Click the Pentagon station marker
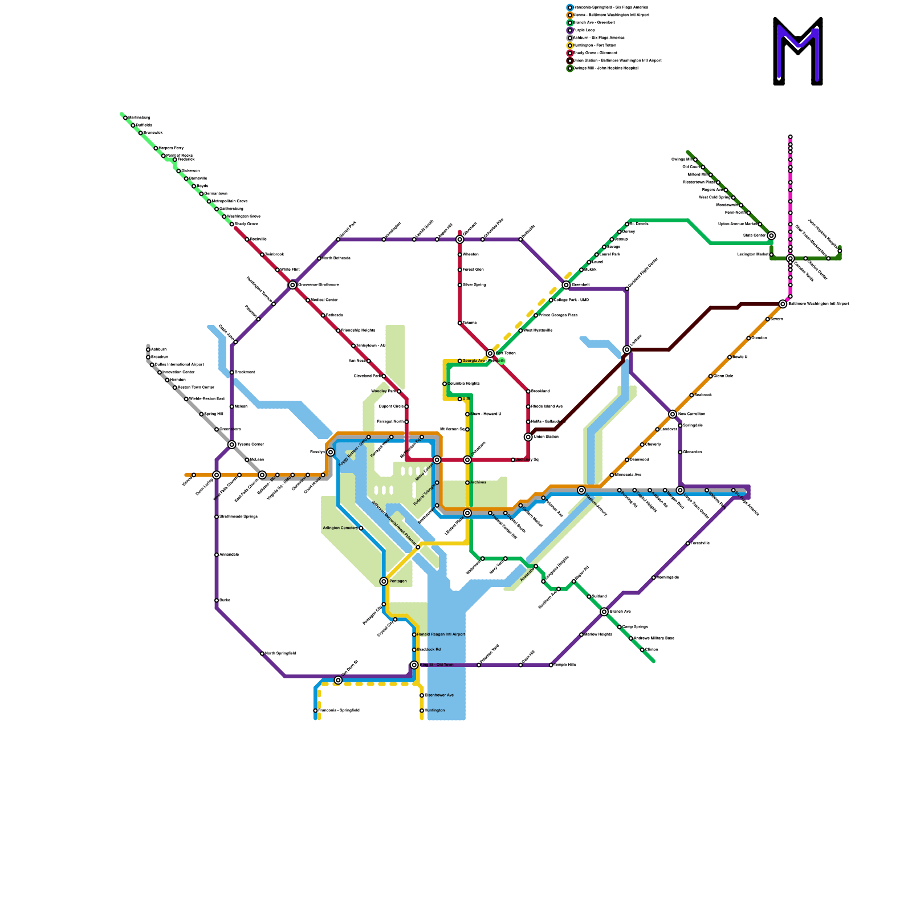click(384, 581)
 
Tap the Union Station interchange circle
click(528, 437)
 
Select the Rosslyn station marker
click(331, 452)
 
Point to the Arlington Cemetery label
click(340, 528)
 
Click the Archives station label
click(478, 483)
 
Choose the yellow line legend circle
click(570, 46)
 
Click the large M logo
click(798, 51)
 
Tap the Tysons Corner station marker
click(232, 445)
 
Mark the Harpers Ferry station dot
click(156, 148)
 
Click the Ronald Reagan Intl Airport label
click(441, 634)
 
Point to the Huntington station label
click(435, 711)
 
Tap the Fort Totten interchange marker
click(490, 353)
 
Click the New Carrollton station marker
click(673, 414)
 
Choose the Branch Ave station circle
click(604, 612)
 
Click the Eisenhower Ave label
click(439, 695)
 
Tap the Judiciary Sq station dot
click(513, 460)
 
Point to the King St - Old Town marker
click(414, 665)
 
